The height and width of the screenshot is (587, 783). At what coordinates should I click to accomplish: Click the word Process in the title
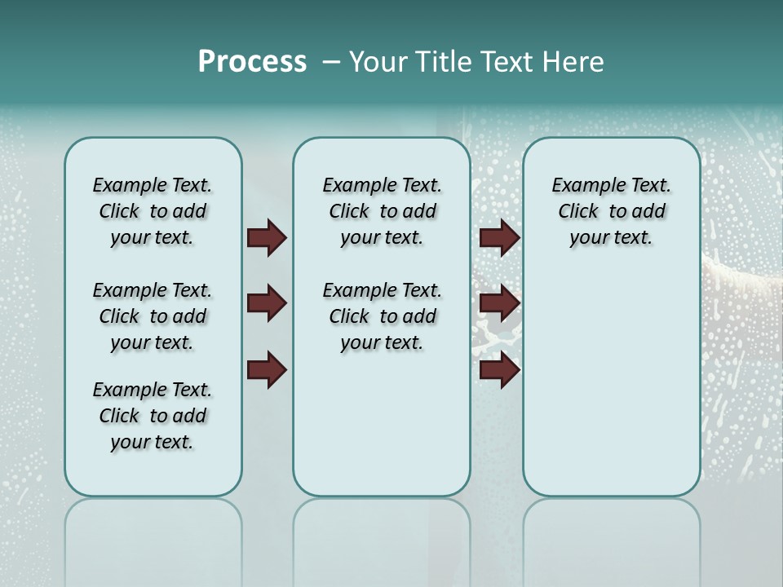point(252,62)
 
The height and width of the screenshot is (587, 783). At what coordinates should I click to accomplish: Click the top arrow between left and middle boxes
point(267,238)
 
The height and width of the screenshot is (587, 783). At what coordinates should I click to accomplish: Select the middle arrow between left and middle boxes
point(267,304)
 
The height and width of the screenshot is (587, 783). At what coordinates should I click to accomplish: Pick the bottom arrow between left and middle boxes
point(267,370)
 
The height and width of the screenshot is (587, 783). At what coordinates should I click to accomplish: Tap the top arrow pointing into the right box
point(499,238)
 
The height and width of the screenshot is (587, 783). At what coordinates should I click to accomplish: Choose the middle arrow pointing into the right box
point(499,304)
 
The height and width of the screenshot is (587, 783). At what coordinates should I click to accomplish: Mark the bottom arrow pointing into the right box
point(499,370)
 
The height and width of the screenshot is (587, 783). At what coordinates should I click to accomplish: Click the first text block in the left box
point(153,211)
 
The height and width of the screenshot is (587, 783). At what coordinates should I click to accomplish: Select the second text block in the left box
point(153,316)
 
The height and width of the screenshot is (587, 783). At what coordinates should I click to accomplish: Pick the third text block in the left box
point(153,416)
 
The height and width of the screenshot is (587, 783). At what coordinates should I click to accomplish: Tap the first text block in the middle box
point(382,211)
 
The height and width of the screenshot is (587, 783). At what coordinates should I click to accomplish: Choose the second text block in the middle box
point(382,316)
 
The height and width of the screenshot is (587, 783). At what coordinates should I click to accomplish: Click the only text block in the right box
point(611,211)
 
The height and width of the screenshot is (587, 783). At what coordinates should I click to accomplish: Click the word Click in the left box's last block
point(119,416)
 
